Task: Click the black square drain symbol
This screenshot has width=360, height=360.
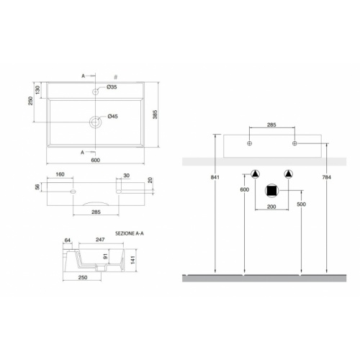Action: [x=272, y=191]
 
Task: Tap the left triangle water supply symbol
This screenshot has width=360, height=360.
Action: [x=256, y=174]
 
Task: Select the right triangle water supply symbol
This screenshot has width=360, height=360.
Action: [x=289, y=174]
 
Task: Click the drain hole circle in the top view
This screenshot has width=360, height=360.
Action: [x=94, y=122]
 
